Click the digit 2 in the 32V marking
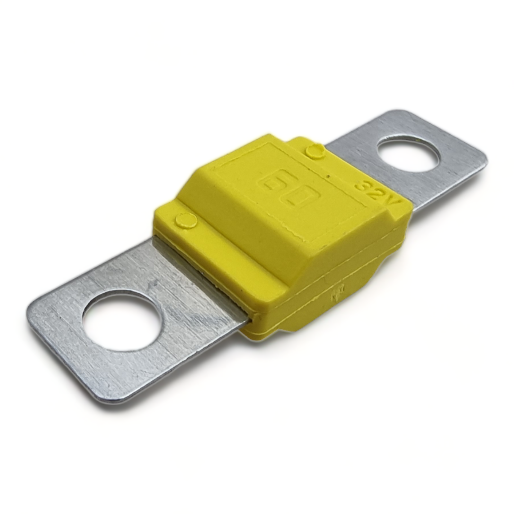point(376,193)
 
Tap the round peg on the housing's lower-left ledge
point(186,220)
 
